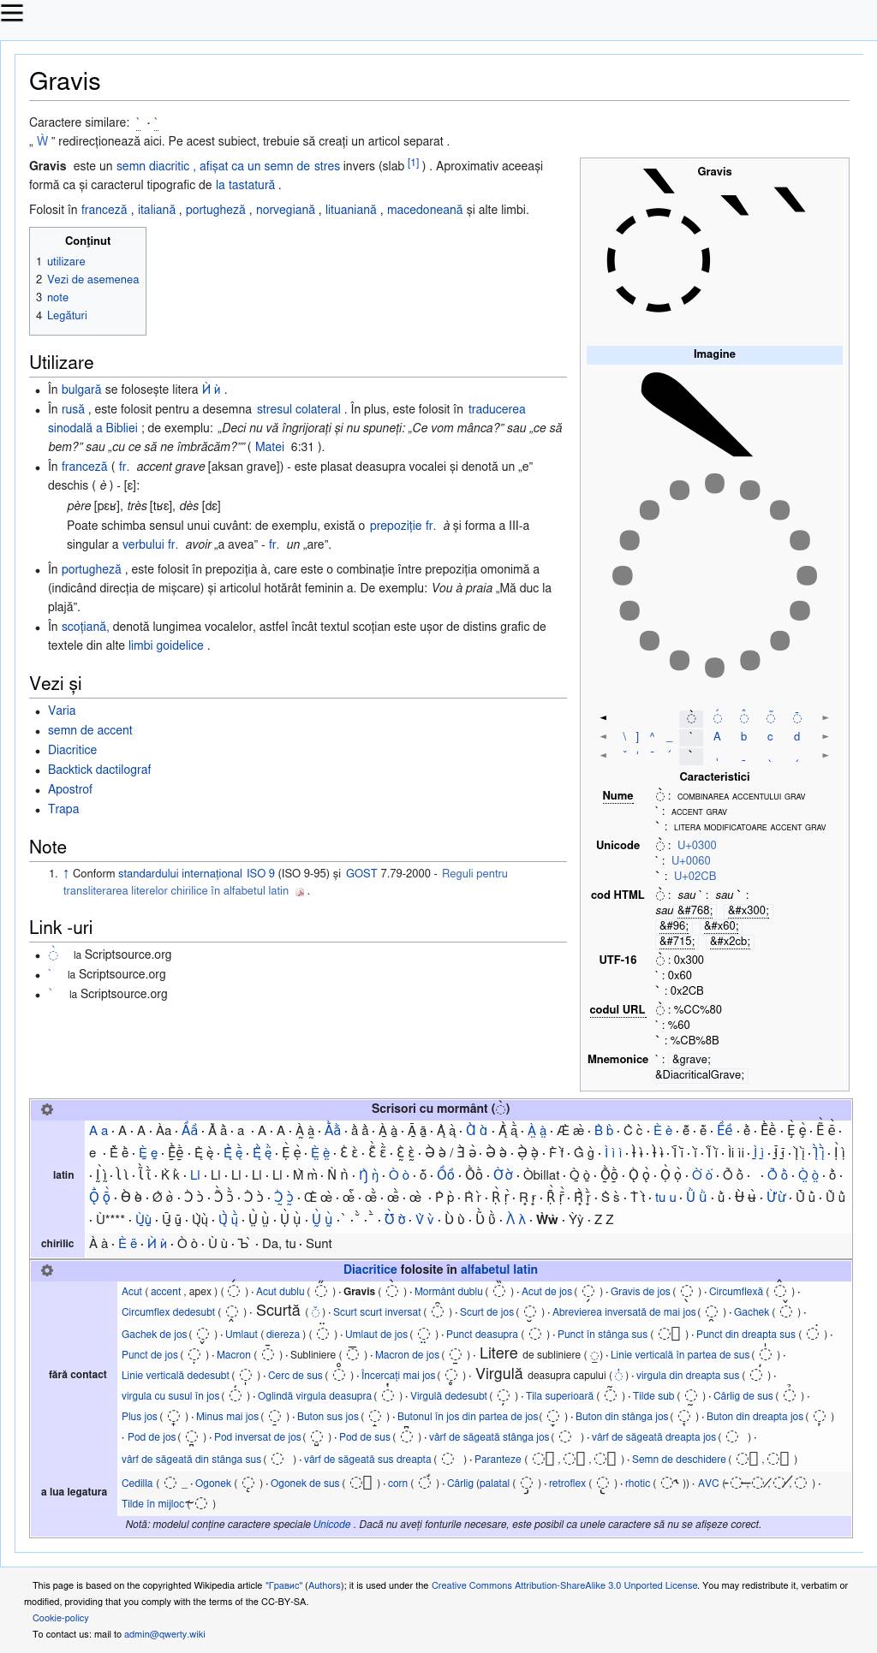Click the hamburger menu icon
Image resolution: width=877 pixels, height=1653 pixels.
coord(12,12)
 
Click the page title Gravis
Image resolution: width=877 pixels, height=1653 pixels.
coord(65,81)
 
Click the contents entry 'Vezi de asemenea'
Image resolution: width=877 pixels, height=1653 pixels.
coord(92,279)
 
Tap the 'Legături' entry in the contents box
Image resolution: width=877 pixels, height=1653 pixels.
coord(67,315)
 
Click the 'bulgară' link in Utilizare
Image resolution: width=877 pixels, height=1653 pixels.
coord(81,389)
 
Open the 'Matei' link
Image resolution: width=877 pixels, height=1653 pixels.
coord(269,446)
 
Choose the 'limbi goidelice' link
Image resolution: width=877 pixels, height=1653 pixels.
coord(166,645)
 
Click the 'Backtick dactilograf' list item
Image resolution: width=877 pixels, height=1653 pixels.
coord(99,770)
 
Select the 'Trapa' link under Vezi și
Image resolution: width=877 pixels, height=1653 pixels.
coord(63,809)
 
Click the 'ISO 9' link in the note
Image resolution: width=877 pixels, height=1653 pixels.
coord(260,873)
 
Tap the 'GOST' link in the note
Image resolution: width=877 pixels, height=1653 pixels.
coord(361,873)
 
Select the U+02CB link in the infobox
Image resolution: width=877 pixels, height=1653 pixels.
coord(695,876)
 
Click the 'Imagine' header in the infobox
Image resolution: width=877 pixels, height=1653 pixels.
coord(714,354)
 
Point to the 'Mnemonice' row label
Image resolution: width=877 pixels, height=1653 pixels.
coord(617,1059)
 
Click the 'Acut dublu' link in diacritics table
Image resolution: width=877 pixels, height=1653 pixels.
coord(280,1291)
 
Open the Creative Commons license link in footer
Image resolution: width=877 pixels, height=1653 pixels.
coord(564,1585)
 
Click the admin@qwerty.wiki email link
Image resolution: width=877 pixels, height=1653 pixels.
coord(164,1634)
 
